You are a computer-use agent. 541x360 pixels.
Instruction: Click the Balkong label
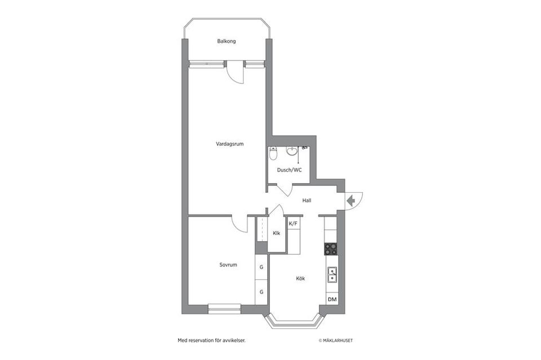click(227, 41)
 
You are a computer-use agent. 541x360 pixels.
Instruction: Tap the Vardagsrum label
click(230, 144)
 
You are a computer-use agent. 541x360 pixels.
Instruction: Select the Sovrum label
click(228, 265)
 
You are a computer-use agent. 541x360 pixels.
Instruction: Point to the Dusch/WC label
click(290, 170)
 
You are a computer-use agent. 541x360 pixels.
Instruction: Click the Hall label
click(307, 201)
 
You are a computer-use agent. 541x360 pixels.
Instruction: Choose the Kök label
click(300, 278)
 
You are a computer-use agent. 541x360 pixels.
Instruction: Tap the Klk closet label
click(276, 233)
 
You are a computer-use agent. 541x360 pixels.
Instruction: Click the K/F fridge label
click(293, 224)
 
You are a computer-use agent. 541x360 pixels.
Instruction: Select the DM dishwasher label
click(332, 299)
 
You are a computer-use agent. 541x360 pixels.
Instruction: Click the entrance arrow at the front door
click(351, 201)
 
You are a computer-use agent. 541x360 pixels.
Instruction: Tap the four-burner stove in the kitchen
click(331, 249)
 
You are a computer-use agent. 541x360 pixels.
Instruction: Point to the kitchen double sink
click(332, 275)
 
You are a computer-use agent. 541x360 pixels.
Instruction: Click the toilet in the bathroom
click(273, 154)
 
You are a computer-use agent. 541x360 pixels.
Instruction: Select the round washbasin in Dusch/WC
click(291, 151)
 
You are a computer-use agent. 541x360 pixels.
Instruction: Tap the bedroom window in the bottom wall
click(225, 309)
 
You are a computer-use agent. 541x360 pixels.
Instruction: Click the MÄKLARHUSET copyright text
click(336, 341)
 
